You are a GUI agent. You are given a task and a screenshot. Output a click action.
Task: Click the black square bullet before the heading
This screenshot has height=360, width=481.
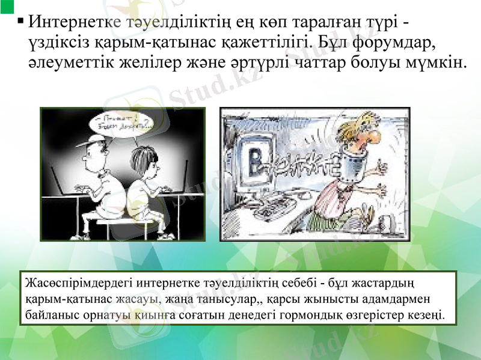tap(21, 22)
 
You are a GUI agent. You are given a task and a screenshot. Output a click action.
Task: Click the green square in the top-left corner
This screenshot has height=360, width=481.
tap(7, 6)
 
